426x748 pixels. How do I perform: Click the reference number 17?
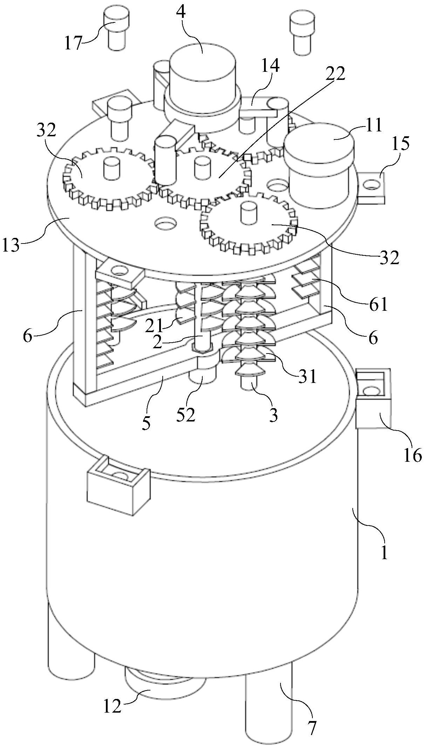click(73, 43)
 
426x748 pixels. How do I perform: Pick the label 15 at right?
click(401, 143)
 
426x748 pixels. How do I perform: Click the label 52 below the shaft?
click(185, 415)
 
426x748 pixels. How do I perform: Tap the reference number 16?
click(412, 455)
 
